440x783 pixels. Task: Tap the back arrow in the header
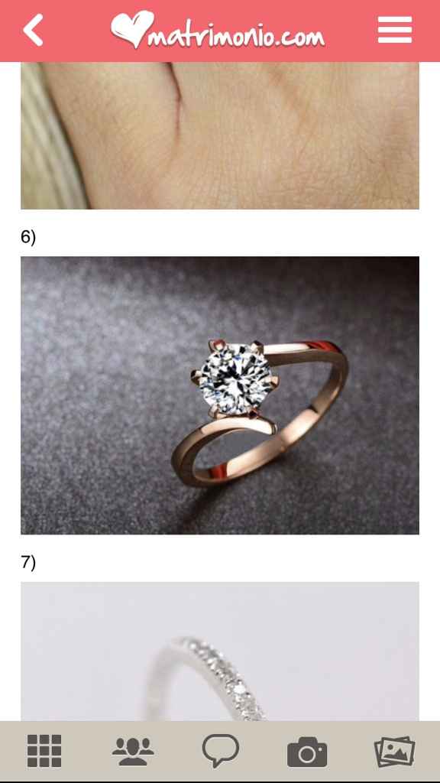click(x=33, y=30)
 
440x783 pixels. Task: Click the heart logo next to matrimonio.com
click(x=131, y=28)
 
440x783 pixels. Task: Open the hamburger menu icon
click(x=395, y=30)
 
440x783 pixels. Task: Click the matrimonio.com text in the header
click(x=236, y=35)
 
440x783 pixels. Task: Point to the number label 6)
click(x=28, y=236)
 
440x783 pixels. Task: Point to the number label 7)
click(x=28, y=562)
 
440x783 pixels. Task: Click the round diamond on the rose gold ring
click(x=231, y=376)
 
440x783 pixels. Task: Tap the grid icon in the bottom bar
click(x=44, y=751)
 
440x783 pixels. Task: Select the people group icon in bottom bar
click(x=133, y=751)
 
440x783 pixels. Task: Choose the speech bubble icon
click(x=221, y=750)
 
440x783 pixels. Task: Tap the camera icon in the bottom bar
click(x=307, y=752)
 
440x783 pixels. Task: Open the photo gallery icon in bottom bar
click(x=395, y=752)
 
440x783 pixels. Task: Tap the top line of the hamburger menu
click(x=395, y=19)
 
